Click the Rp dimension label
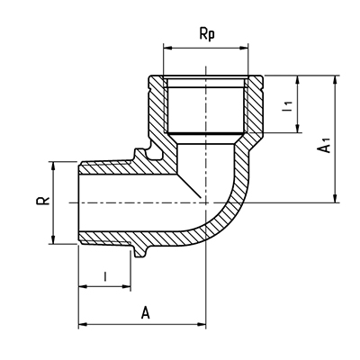tap(207, 35)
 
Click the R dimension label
tap(43, 201)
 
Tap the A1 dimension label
tap(324, 145)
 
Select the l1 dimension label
tap(287, 106)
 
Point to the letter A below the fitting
tap(146, 312)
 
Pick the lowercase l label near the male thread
tap(105, 276)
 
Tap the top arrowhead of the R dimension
tap(53, 166)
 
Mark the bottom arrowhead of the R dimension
tap(53, 239)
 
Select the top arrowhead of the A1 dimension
tap(336, 80)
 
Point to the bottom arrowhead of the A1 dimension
tap(336, 198)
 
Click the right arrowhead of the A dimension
tap(201, 324)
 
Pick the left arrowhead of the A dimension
tap(83, 324)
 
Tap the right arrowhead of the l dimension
tap(126, 287)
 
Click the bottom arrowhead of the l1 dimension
tap(298, 128)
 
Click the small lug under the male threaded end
tap(140, 251)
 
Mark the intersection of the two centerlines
tap(206, 202)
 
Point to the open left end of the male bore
tap(78, 202)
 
